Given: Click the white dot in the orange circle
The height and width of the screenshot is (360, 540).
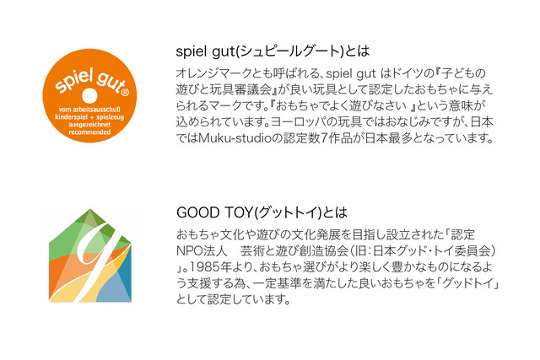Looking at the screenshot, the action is pos(89,95).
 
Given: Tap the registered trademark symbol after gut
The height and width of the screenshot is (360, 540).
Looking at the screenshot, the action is pos(126,92).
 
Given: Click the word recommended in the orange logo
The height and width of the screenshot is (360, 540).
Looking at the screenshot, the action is pos(89,132).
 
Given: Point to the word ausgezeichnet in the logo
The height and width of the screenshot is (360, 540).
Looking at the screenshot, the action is pos(89,125).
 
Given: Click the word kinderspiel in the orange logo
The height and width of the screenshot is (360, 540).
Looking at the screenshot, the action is pos(71,117).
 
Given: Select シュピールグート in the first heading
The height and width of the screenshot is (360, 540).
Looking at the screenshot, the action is pos(289,51).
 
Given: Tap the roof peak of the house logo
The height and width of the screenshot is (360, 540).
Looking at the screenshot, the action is pos(90,210).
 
